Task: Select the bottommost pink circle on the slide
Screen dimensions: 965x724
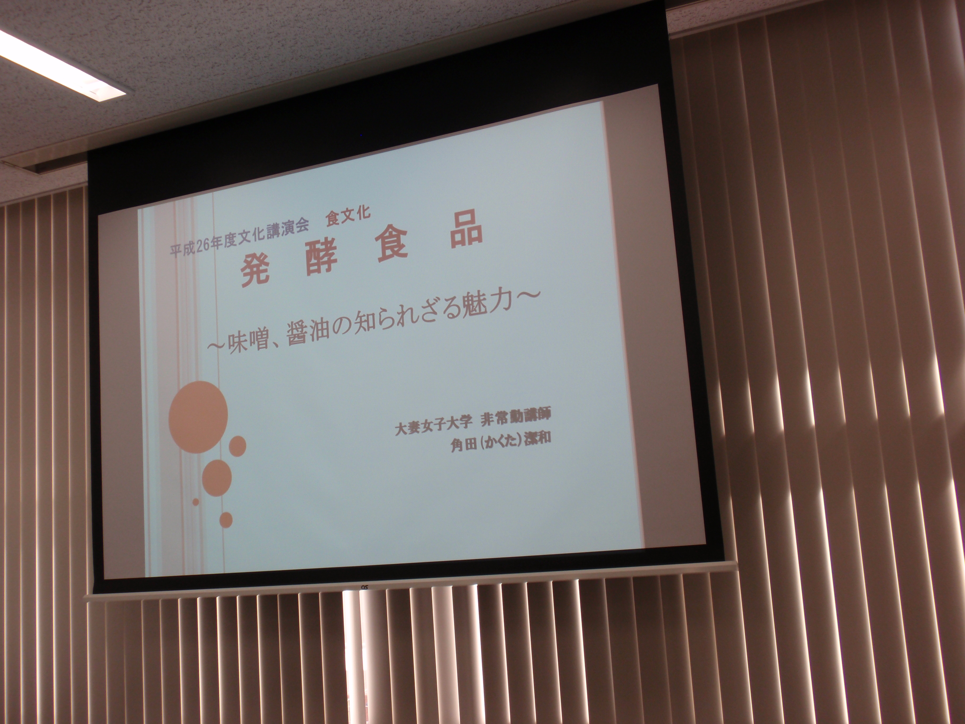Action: tap(226, 519)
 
